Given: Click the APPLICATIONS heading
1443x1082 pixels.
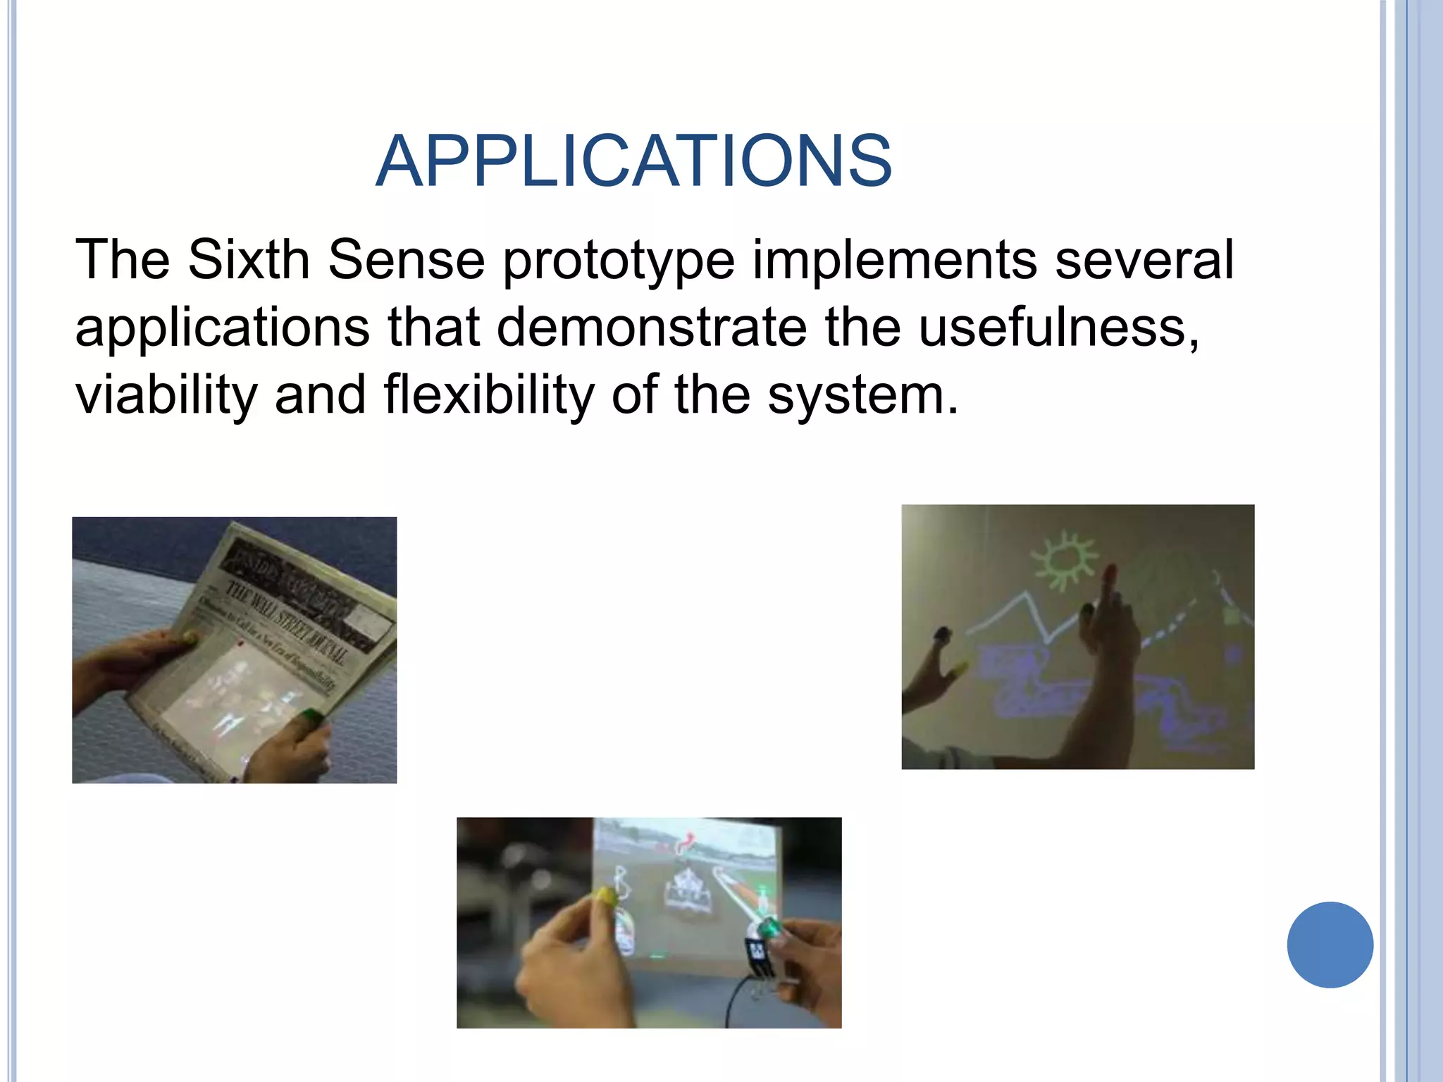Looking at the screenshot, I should click(x=633, y=161).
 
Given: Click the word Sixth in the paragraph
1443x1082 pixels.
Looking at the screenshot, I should click(x=248, y=260).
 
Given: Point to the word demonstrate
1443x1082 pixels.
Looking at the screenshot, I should click(x=652, y=328).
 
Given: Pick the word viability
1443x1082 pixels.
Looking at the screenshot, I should click(x=166, y=395).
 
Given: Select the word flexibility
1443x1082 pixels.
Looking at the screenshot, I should click(x=489, y=395).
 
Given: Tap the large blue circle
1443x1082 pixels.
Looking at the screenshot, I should click(x=1330, y=945).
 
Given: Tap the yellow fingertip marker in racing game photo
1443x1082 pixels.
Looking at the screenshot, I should click(x=605, y=895).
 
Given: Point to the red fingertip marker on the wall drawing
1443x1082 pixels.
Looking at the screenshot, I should click(x=1110, y=571).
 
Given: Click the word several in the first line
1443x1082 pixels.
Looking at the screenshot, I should click(x=1144, y=260).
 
